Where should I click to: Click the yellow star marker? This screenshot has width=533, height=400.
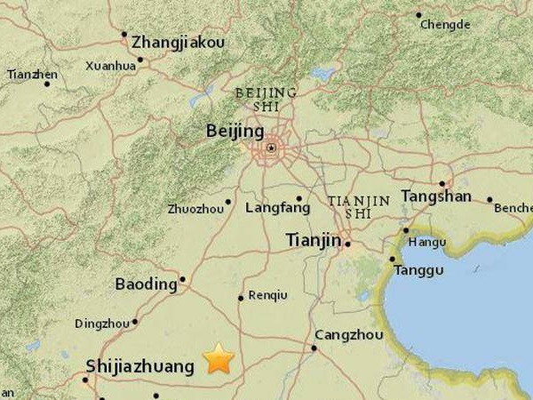pos(219,358)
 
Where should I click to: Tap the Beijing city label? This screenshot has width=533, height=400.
pos(235,131)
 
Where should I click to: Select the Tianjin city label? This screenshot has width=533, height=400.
pos(313,239)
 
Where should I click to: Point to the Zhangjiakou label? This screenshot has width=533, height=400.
pos(178,42)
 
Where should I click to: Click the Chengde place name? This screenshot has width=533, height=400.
pos(445,25)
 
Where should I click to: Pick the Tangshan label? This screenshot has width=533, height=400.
pos(435,196)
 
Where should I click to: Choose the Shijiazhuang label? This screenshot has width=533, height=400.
pos(139,365)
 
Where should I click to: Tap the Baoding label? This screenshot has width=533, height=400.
pos(147,284)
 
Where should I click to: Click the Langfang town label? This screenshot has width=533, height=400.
pos(282,208)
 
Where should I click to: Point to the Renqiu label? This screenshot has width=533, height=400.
pos(267,295)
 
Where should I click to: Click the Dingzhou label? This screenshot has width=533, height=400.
pos(102,324)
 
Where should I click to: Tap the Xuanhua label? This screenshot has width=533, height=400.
pos(111,65)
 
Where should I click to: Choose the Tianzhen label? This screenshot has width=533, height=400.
pos(32,75)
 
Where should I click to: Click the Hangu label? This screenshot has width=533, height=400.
pos(427,241)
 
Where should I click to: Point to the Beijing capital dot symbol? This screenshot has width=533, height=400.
pos(271,148)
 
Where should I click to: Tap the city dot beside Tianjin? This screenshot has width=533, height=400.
pos(348,243)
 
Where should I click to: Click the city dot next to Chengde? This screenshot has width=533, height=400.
pos(419,14)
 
